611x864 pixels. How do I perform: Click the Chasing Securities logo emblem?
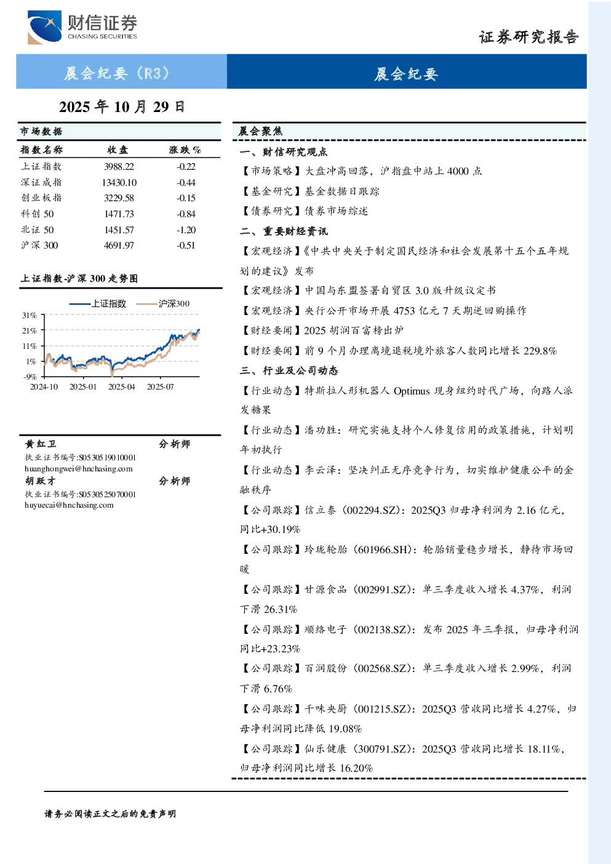(x=44, y=27)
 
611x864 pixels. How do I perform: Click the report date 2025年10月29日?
(x=122, y=107)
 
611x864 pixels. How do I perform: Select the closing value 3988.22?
(x=119, y=167)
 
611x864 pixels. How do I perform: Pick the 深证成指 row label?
(x=41, y=182)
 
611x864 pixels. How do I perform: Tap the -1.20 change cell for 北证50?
(x=186, y=230)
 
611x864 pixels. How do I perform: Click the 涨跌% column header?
(x=185, y=150)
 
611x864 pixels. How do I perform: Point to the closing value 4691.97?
(x=119, y=246)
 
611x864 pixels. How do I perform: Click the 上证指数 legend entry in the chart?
(x=98, y=303)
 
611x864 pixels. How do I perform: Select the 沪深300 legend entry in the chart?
(x=163, y=303)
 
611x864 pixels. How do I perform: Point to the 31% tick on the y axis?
(x=30, y=316)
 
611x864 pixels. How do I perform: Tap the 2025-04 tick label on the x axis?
(x=121, y=386)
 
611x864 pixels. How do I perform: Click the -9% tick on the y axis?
(x=30, y=377)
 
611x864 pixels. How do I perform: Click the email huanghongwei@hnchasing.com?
(x=79, y=469)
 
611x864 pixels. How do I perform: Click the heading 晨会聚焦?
(x=260, y=131)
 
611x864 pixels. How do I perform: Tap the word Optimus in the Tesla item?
(x=412, y=391)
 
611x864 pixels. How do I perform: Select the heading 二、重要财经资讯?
(x=284, y=231)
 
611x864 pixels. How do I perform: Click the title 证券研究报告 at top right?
(x=529, y=37)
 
